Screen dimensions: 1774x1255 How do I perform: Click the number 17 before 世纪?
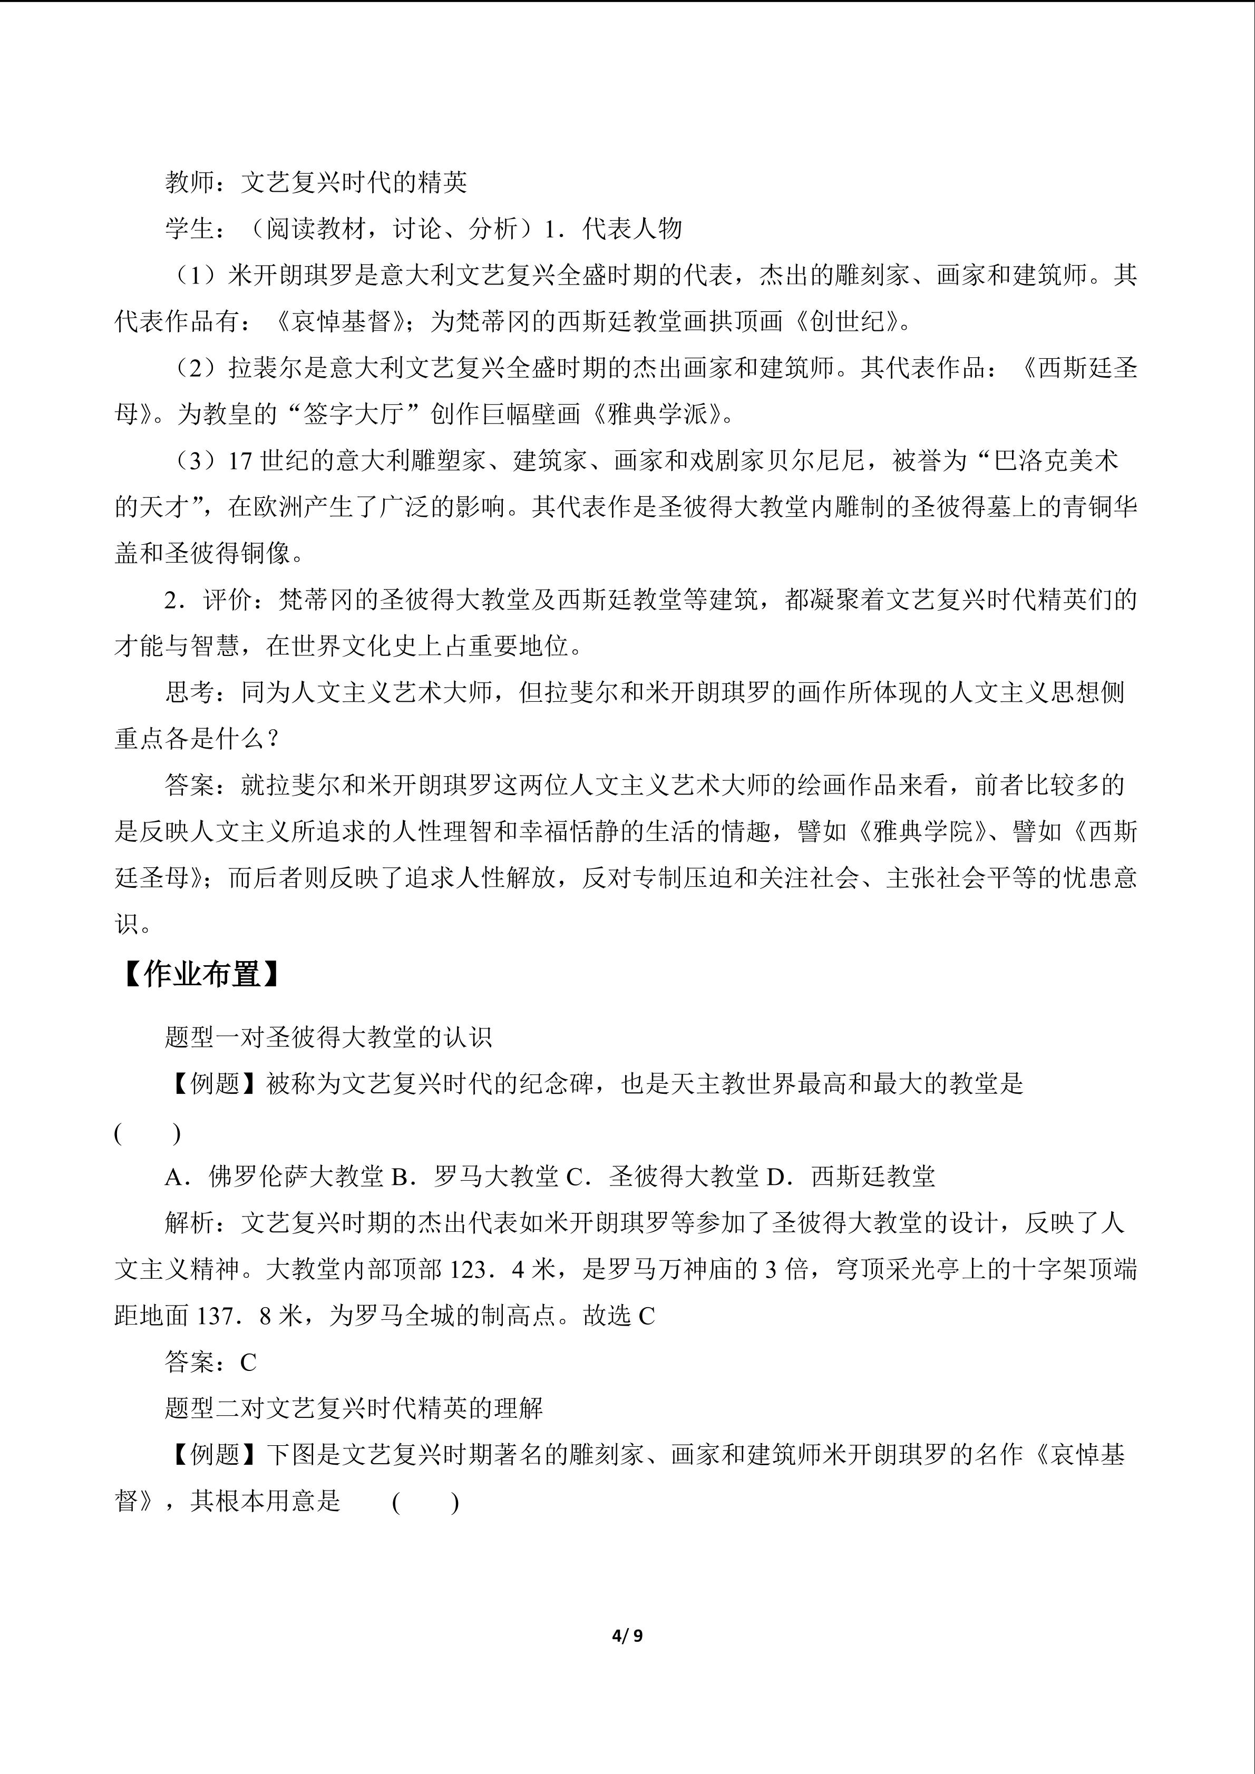click(241, 461)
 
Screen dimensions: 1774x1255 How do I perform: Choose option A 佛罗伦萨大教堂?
click(274, 1177)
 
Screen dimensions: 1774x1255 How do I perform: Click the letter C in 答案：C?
click(248, 1362)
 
